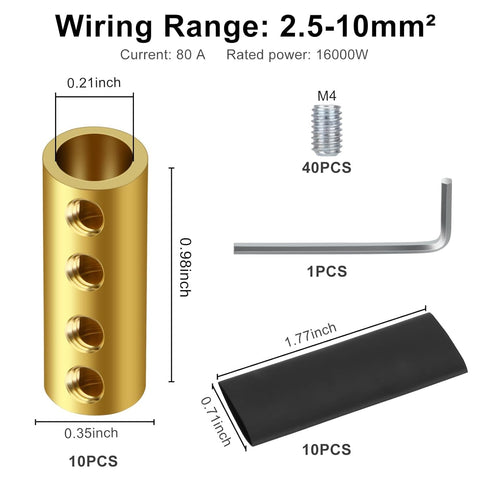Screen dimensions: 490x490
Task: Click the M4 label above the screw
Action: (327, 97)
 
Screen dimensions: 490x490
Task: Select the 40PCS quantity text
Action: (327, 169)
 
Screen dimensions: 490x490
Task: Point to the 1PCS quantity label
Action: (327, 271)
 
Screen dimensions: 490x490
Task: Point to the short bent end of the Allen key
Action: (441, 208)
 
